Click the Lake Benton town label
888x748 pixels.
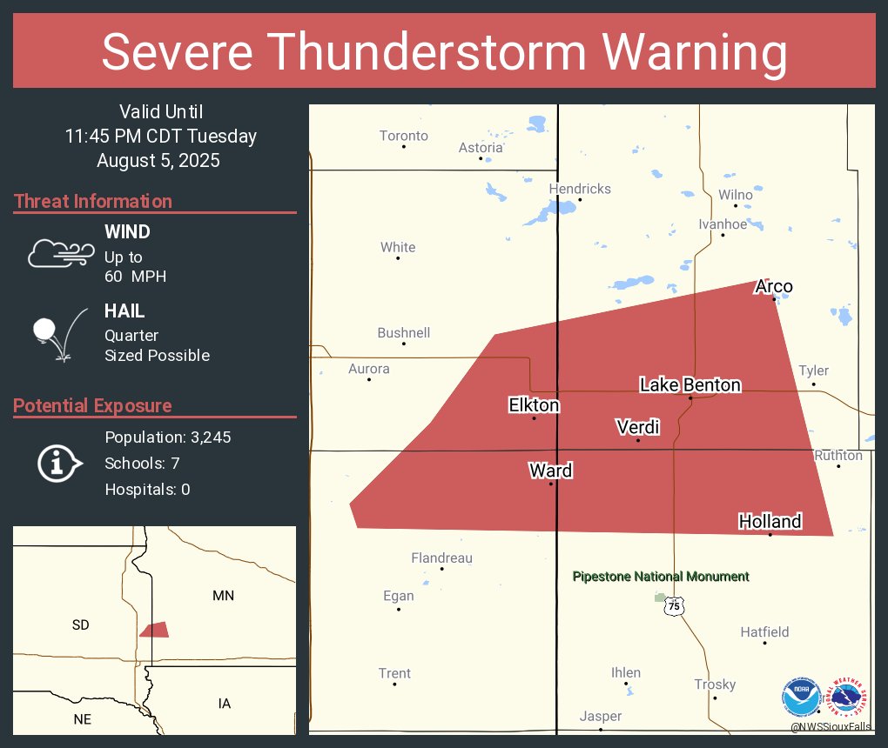[690, 384]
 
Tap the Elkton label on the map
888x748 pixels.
[534, 404]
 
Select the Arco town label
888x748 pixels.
[774, 287]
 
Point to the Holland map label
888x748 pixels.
[770, 521]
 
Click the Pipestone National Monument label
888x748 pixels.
[661, 577]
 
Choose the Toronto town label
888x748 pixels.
[404, 136]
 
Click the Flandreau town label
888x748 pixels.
[441, 558]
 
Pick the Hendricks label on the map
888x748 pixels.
[580, 189]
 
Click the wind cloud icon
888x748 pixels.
[59, 252]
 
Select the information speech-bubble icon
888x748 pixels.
[59, 464]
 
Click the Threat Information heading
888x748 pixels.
[93, 201]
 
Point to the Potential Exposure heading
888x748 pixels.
[93, 405]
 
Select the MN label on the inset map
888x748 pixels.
[224, 596]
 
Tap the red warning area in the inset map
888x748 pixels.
[154, 630]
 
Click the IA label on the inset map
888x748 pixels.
[225, 703]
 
